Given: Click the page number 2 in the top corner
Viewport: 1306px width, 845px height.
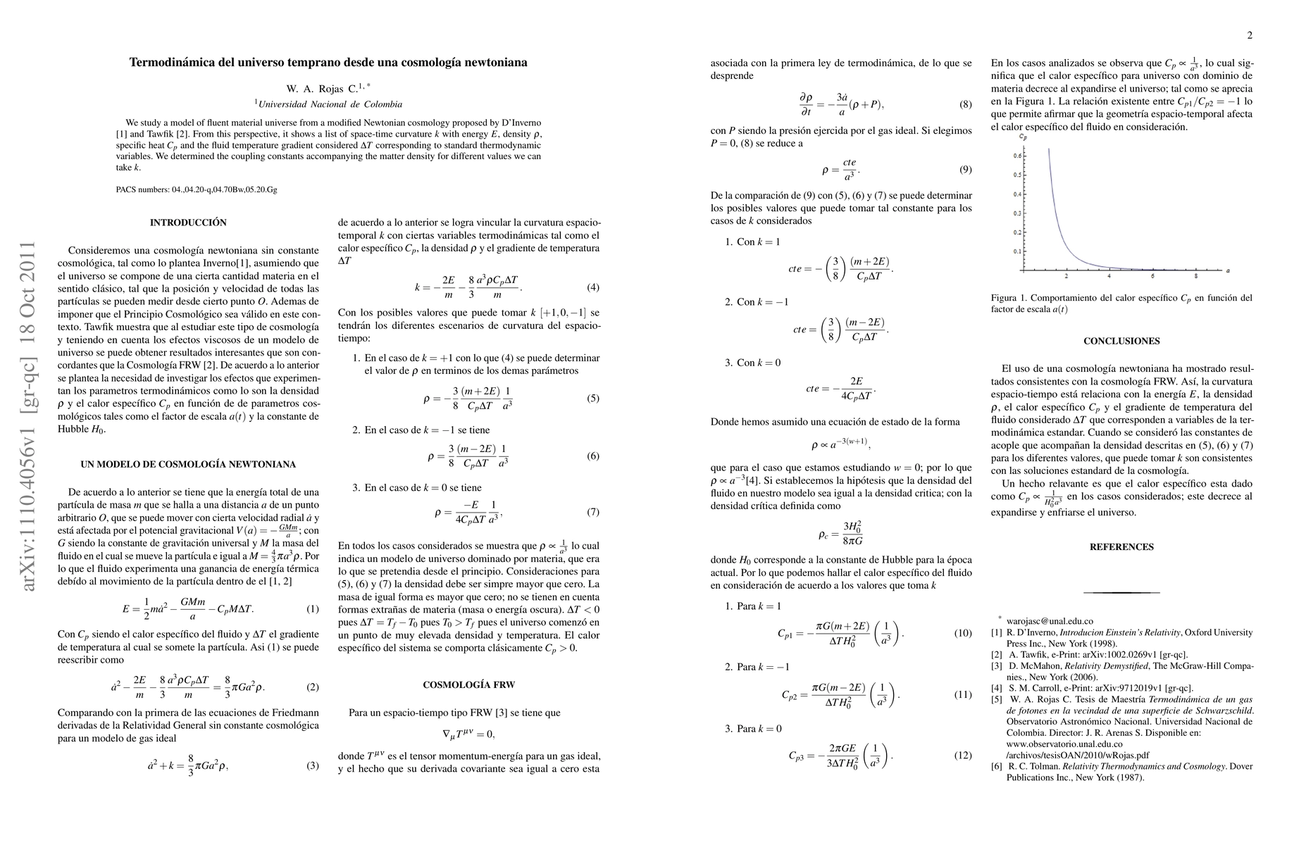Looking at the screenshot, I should pyautogui.click(x=1250, y=36).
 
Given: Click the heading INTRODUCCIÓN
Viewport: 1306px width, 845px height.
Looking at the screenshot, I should pyautogui.click(x=188, y=223).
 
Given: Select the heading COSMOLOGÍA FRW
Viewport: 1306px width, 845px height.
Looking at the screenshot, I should pyautogui.click(x=468, y=684).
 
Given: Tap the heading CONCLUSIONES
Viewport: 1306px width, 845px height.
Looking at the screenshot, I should pyautogui.click(x=1121, y=341).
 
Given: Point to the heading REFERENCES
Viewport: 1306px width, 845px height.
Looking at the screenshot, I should pyautogui.click(x=1121, y=546).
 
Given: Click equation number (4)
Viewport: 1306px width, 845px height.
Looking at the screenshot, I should pyautogui.click(x=592, y=287).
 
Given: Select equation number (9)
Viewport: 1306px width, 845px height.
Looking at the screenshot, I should pyautogui.click(x=965, y=170).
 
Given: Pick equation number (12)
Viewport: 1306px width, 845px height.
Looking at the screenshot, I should pyautogui.click(x=962, y=756).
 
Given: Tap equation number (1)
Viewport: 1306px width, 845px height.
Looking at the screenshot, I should pyautogui.click(x=313, y=608).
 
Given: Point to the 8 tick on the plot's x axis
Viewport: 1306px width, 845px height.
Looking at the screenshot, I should pyautogui.click(x=1196, y=275).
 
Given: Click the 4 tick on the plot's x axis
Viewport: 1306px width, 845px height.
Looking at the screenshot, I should pyautogui.click(x=1109, y=275).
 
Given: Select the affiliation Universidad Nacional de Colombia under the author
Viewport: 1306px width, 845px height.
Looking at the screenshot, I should pyautogui.click(x=330, y=104).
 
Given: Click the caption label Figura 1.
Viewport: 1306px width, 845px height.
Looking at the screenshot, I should pyautogui.click(x=1009, y=298).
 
